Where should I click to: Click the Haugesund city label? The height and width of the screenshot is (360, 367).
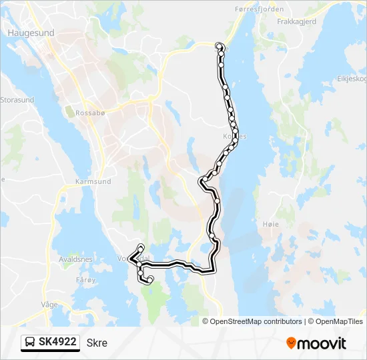(x=31, y=31)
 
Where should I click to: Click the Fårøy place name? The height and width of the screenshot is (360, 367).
(x=86, y=280)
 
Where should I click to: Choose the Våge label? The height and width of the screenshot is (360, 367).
(x=49, y=303)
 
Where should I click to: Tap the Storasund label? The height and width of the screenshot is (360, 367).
(x=16, y=101)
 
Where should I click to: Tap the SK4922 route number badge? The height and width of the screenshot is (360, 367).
(x=58, y=342)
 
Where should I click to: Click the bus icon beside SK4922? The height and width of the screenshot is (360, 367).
(x=31, y=343)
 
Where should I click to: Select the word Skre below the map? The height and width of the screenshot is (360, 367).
(x=97, y=343)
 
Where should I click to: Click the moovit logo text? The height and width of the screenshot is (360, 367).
(x=322, y=344)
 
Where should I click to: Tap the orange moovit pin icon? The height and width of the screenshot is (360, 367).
(x=291, y=343)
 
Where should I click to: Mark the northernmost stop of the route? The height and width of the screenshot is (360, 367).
(x=220, y=45)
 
